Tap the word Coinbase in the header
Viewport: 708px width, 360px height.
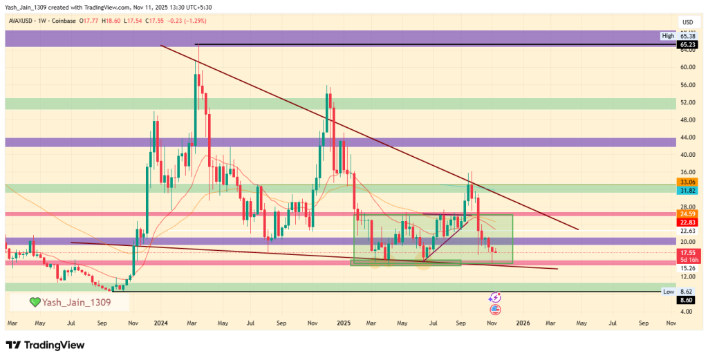pos(64,21)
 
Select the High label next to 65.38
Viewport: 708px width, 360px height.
pos(668,35)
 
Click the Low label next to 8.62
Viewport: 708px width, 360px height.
pos(668,292)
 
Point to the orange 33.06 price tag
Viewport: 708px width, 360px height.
pos(687,182)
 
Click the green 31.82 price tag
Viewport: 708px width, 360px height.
pos(687,190)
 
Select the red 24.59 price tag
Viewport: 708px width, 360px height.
pos(687,214)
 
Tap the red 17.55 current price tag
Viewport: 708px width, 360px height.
pos(687,253)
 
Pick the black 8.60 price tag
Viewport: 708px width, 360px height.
pos(687,300)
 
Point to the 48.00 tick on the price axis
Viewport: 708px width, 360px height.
pos(687,120)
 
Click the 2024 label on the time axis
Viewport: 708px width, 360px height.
pos(161,323)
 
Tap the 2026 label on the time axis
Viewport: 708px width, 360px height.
pos(523,323)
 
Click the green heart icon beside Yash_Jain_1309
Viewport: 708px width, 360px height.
pos(34,302)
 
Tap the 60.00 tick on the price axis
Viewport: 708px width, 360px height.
pos(687,67)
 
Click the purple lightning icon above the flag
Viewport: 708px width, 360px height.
pos(495,297)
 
